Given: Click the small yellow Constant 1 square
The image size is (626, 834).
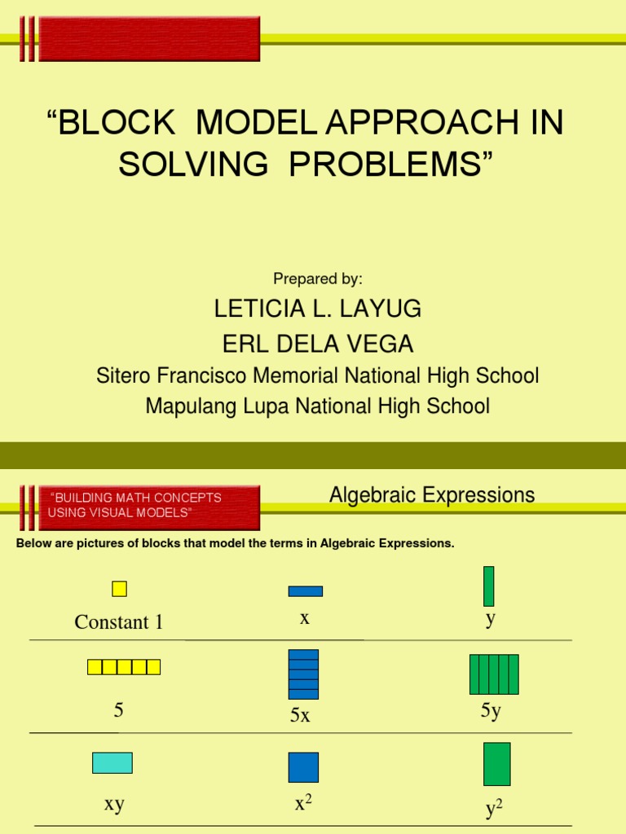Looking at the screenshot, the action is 119,589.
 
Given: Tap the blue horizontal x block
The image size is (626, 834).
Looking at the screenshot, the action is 305,591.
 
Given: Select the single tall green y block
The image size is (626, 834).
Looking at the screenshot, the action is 488,586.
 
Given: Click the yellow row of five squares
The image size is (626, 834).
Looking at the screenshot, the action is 124,667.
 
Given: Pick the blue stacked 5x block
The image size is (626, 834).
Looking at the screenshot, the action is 303,674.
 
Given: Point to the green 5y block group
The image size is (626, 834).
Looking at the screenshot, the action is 494,674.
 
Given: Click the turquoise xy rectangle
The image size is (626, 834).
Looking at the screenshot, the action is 112,762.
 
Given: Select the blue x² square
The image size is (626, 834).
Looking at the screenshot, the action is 303,767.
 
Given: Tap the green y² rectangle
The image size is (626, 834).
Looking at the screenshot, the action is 496,764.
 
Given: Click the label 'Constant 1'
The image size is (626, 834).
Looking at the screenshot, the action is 119,622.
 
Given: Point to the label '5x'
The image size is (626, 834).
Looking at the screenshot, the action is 300,717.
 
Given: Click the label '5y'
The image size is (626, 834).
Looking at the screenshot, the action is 491,711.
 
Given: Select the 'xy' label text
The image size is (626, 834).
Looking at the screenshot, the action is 114,804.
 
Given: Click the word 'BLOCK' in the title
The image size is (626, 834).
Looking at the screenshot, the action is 117,124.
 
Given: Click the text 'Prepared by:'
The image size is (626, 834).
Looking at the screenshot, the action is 318,279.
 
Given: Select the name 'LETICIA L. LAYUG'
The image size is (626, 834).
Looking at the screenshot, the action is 318,309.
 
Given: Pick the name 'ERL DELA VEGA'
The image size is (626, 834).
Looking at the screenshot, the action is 314,344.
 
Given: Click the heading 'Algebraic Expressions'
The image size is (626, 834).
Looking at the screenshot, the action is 432,494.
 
